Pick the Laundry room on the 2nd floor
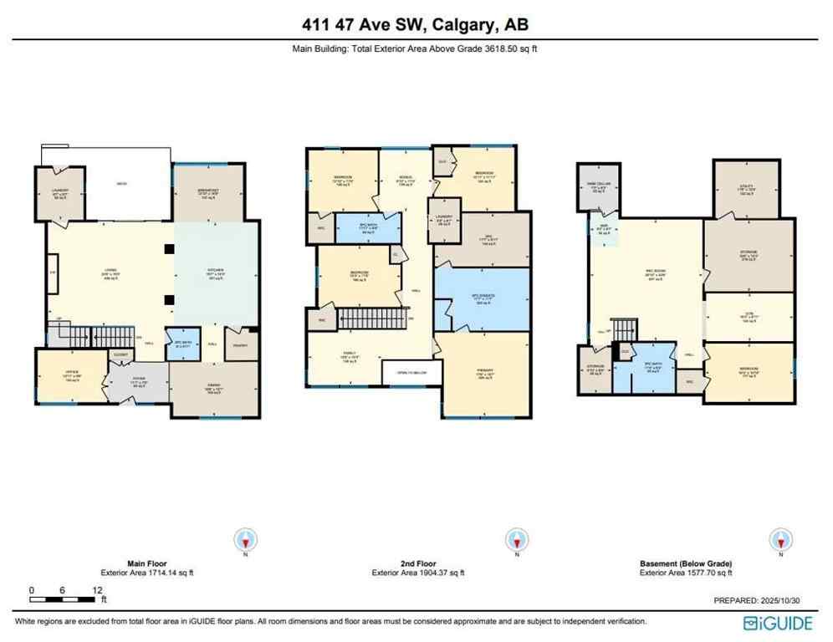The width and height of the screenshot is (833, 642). (444, 219)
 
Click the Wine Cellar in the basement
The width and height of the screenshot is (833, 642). (595, 187)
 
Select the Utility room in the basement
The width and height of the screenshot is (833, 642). (747, 188)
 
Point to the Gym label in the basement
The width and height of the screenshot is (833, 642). (749, 316)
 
